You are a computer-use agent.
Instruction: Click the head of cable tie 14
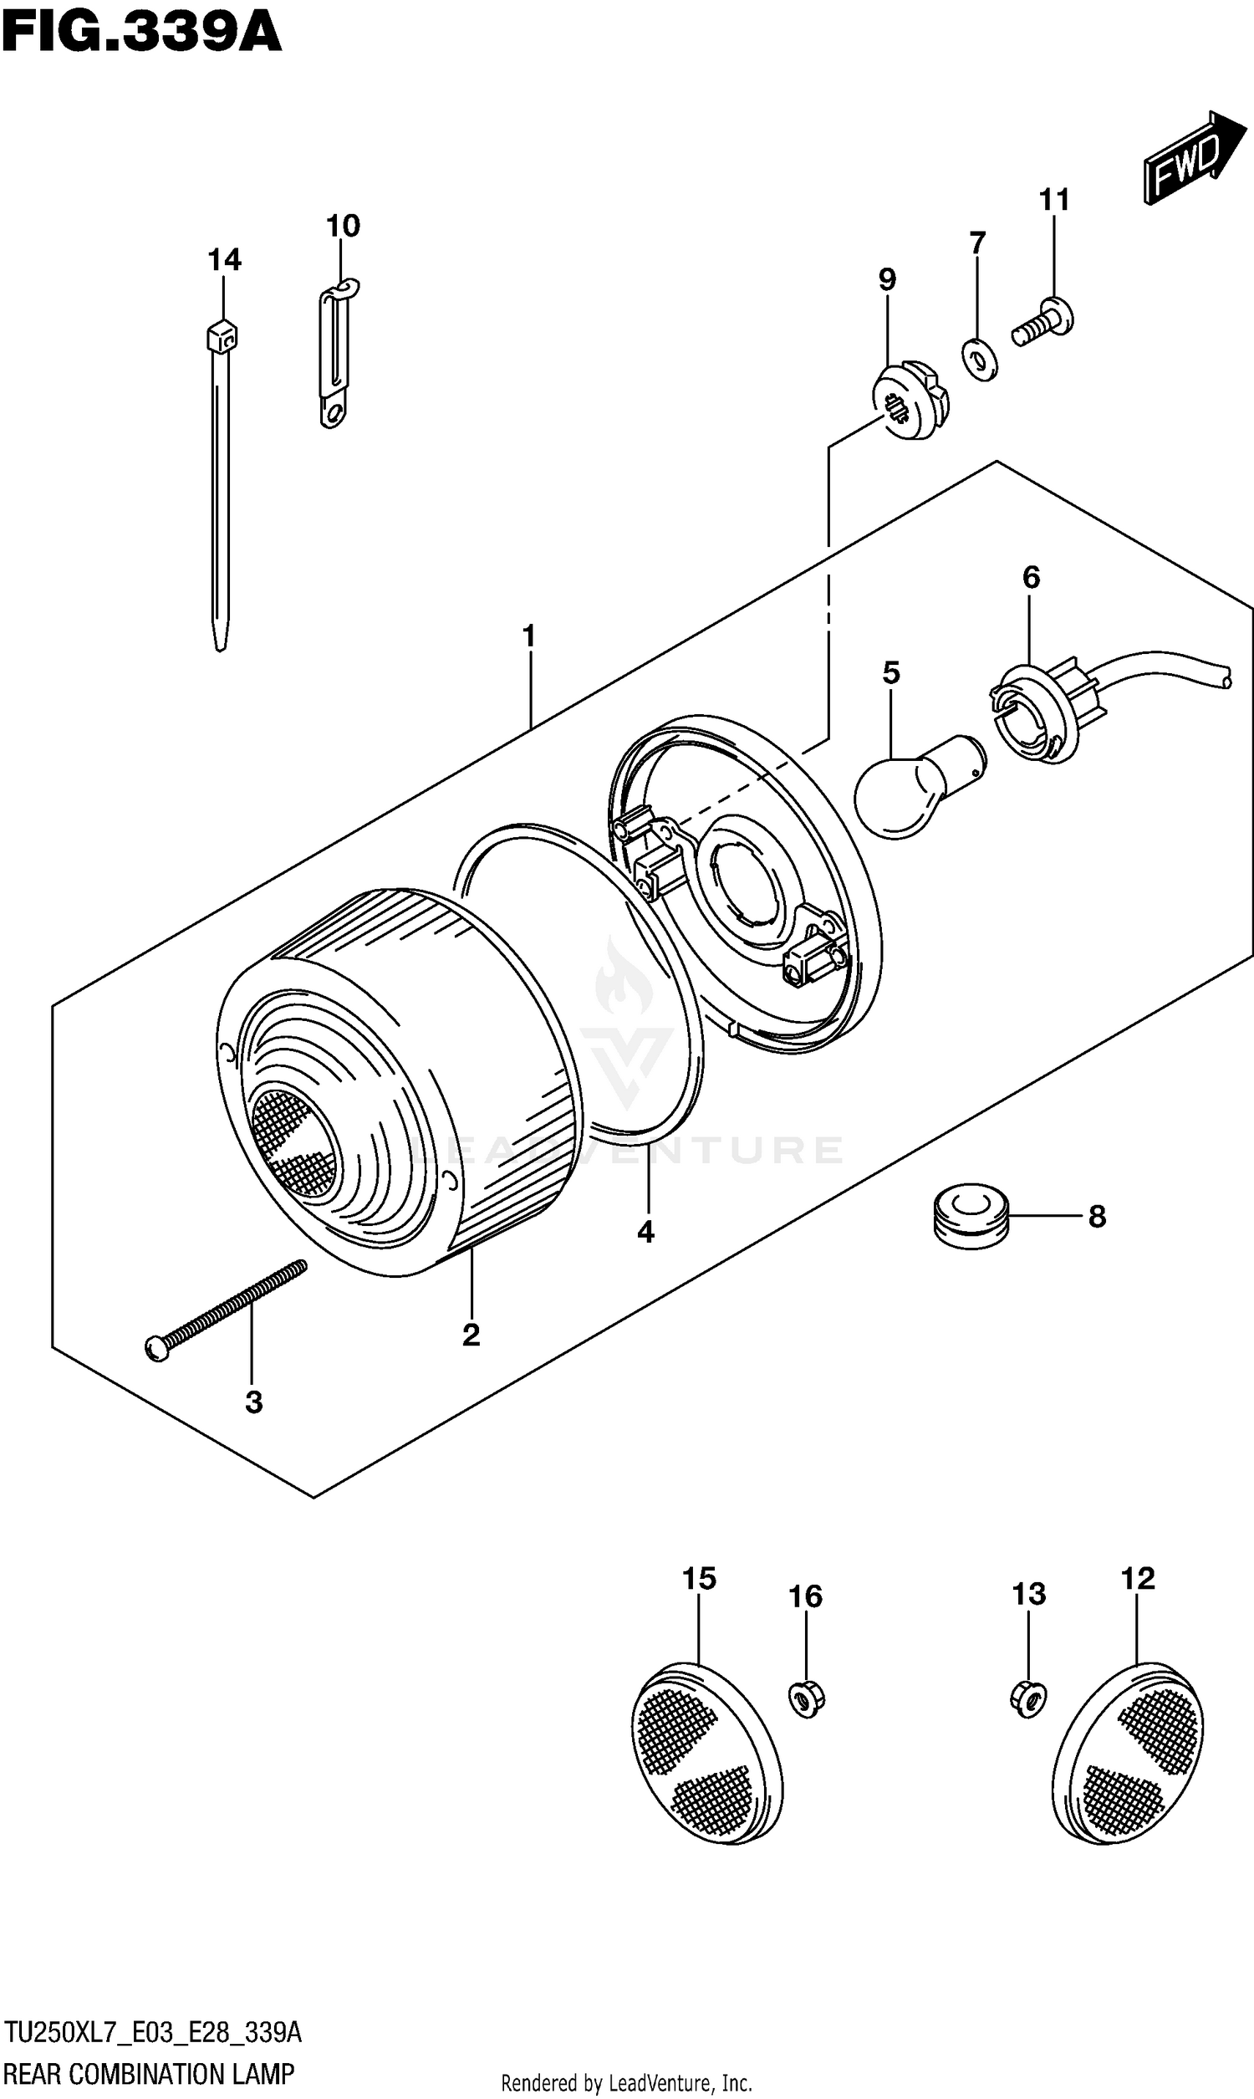click(222, 338)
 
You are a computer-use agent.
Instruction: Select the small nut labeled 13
click(1027, 1698)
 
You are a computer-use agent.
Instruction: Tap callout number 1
click(529, 636)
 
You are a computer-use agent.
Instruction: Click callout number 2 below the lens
click(471, 1335)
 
